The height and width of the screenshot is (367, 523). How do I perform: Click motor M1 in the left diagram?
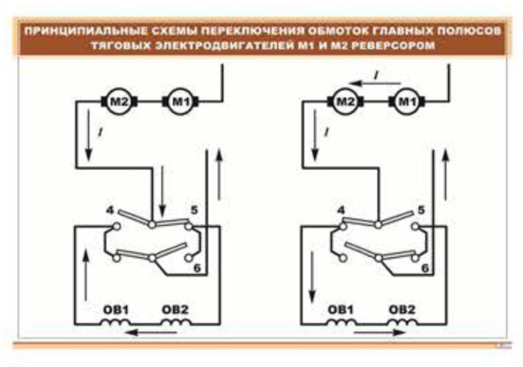point(178,101)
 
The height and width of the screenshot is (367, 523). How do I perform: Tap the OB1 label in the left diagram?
point(114,309)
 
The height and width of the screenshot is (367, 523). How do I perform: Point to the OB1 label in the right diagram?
point(342,309)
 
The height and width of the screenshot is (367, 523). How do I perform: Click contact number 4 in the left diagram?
point(111,211)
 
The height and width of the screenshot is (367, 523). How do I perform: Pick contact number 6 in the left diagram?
point(196,269)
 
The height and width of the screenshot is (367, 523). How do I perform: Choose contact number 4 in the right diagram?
point(340,211)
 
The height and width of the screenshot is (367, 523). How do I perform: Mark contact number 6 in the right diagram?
point(425,269)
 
